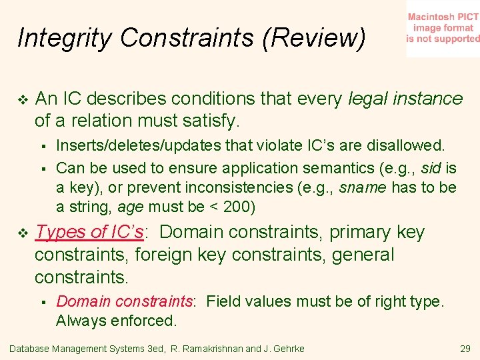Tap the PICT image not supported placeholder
coord(443,29)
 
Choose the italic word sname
coord(363,187)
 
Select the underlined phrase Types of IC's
coord(89,232)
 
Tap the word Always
coord(79,321)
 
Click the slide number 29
coord(465,349)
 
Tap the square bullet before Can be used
coord(43,168)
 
